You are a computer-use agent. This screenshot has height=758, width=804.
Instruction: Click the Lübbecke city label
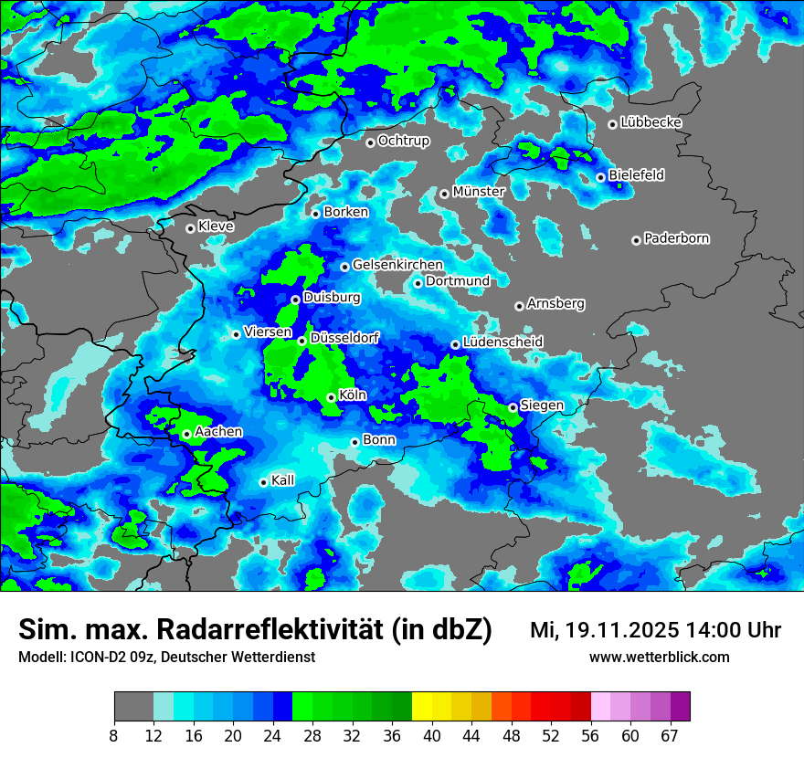pyautogui.click(x=651, y=122)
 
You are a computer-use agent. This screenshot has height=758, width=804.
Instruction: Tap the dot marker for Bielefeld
pyautogui.click(x=600, y=177)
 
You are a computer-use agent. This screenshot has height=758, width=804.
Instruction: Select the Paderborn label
pyautogui.click(x=676, y=238)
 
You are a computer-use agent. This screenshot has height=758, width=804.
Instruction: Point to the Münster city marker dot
pyautogui.click(x=444, y=194)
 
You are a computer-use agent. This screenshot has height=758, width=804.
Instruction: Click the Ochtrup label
pyautogui.click(x=403, y=141)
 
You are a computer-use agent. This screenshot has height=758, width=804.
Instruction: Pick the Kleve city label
pyautogui.click(x=216, y=226)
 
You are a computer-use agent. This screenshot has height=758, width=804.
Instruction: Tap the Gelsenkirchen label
pyautogui.click(x=397, y=265)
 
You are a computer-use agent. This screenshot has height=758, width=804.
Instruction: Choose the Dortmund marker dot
pyautogui.click(x=418, y=283)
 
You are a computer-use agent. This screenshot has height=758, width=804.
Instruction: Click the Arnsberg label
pyautogui.click(x=555, y=303)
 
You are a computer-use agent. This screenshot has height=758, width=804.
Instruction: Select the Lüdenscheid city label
pyautogui.click(x=503, y=342)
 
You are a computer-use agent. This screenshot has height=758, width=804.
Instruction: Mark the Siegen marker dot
pyautogui.click(x=513, y=407)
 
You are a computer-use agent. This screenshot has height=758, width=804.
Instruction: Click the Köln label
pyautogui.click(x=352, y=395)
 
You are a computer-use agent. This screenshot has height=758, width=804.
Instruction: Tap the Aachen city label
pyautogui.click(x=218, y=431)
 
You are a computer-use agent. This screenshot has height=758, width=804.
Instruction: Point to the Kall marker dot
pyautogui.click(x=263, y=482)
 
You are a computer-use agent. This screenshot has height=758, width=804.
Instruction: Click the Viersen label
pyautogui.click(x=268, y=332)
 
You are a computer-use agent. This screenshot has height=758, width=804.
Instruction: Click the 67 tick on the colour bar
pyautogui.click(x=670, y=734)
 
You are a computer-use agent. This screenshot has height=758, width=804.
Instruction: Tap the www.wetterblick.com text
pyautogui.click(x=659, y=657)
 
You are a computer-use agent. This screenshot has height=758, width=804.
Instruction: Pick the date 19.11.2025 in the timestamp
pyautogui.click(x=620, y=629)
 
